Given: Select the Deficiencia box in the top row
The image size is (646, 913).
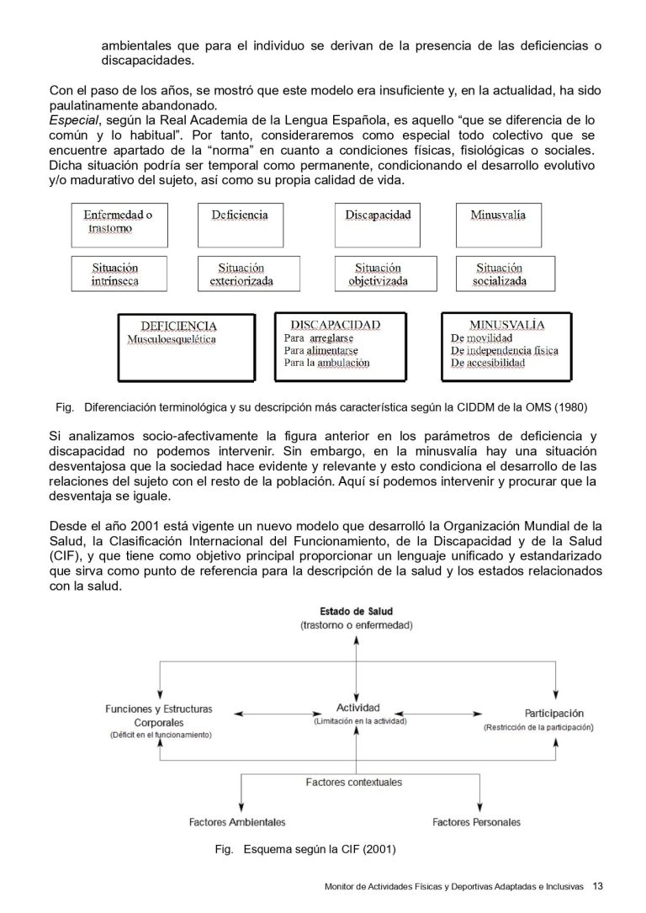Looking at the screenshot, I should tap(241, 223).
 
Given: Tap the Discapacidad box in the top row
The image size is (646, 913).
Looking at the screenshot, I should tap(379, 223).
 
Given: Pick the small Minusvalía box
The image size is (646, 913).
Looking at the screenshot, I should tap(498, 223).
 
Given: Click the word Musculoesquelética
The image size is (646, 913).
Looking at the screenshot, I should tap(172, 340).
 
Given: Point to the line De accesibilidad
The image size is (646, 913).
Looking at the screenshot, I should tap(488, 364).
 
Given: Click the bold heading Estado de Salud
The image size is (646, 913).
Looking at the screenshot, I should tap(357, 611).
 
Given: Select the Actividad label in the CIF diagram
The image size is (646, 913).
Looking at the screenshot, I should tap(358, 708).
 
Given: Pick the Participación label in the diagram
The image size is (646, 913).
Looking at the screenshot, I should tap(548, 713).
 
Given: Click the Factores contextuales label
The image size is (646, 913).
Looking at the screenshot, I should tap(353, 783).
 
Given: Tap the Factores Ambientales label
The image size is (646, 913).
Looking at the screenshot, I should tap(237, 822).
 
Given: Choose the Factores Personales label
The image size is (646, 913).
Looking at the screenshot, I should tap(476, 822).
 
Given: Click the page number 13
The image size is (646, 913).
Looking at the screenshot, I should tap(598, 885).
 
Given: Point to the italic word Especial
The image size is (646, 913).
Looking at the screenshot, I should tap(72, 120).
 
